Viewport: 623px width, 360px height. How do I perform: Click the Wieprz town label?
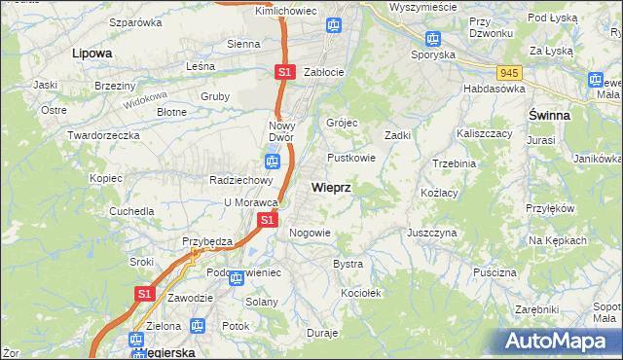pos(331,187)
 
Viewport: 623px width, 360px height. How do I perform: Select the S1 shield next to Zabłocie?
pos(283,72)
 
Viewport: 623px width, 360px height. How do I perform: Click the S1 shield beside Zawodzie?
pos(144,293)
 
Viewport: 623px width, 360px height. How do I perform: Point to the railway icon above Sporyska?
pos(433,39)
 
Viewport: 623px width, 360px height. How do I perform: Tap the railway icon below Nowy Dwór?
pos(272,162)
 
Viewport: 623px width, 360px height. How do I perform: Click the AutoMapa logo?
pos(559,340)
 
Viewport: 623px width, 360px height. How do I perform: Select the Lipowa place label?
pos(92,54)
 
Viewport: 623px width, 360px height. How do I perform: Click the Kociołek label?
pos(360,292)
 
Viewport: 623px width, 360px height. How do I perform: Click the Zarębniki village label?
pos(537,307)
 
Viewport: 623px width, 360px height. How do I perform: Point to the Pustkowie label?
pos(351,157)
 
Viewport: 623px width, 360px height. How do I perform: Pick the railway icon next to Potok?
pos(199,326)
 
